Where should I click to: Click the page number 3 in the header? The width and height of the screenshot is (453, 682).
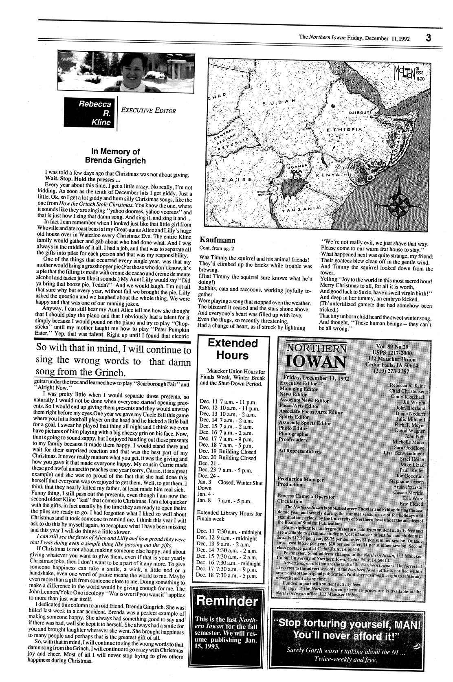pos(428,37)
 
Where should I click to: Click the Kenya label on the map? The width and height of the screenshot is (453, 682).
pos(328,174)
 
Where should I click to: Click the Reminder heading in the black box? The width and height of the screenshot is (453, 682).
pos(227,601)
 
